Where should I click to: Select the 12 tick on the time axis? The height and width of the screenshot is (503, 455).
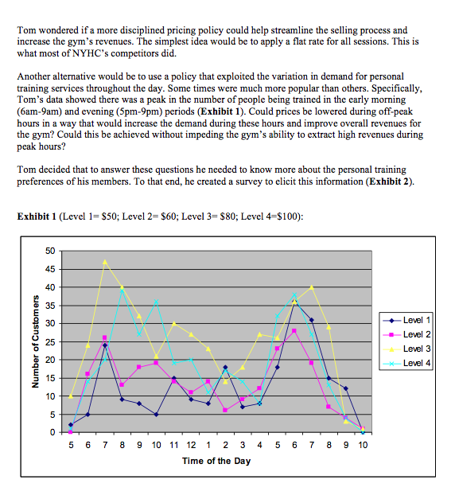[x=191, y=444]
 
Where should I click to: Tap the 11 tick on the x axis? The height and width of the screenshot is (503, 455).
[x=173, y=444]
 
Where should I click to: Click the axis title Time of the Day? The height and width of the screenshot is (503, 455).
[x=216, y=461]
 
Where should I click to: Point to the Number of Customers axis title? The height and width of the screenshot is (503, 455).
[x=34, y=341]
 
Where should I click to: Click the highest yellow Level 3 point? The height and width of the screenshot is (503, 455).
[x=105, y=261]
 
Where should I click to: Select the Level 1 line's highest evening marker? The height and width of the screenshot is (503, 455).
[x=294, y=302]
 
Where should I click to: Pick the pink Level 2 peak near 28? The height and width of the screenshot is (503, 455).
[x=294, y=330]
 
